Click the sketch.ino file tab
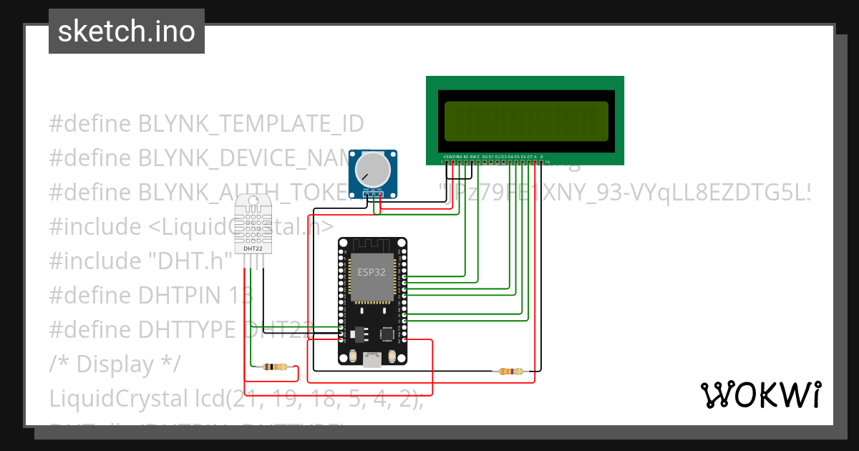(127, 31)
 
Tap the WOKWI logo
(760, 394)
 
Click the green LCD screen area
(526, 121)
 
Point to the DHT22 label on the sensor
(253, 248)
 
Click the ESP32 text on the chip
(372, 272)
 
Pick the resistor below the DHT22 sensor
(276, 367)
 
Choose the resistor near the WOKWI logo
(510, 372)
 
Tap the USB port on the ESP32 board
(372, 361)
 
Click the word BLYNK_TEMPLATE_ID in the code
(251, 124)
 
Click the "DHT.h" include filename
(190, 261)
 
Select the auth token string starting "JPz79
(623, 193)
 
